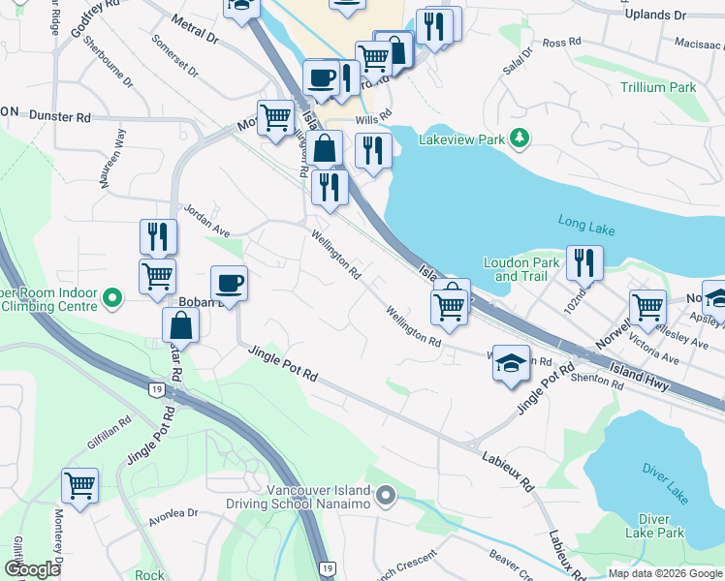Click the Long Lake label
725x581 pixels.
tap(586, 224)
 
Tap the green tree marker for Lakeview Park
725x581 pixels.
tap(520, 139)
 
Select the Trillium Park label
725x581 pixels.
tap(658, 87)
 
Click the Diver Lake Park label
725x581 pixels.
tap(654, 526)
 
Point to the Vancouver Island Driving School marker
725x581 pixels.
tap(387, 497)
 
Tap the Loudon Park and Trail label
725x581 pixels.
tap(521, 269)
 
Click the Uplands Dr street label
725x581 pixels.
tap(654, 15)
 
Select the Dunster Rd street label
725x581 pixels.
tap(60, 117)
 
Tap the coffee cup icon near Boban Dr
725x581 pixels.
tap(229, 283)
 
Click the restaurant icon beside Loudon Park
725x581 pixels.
tap(584, 261)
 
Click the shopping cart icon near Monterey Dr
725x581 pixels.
tap(79, 484)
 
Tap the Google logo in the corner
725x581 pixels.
tap(32, 569)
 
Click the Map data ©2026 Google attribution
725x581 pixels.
tap(664, 573)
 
